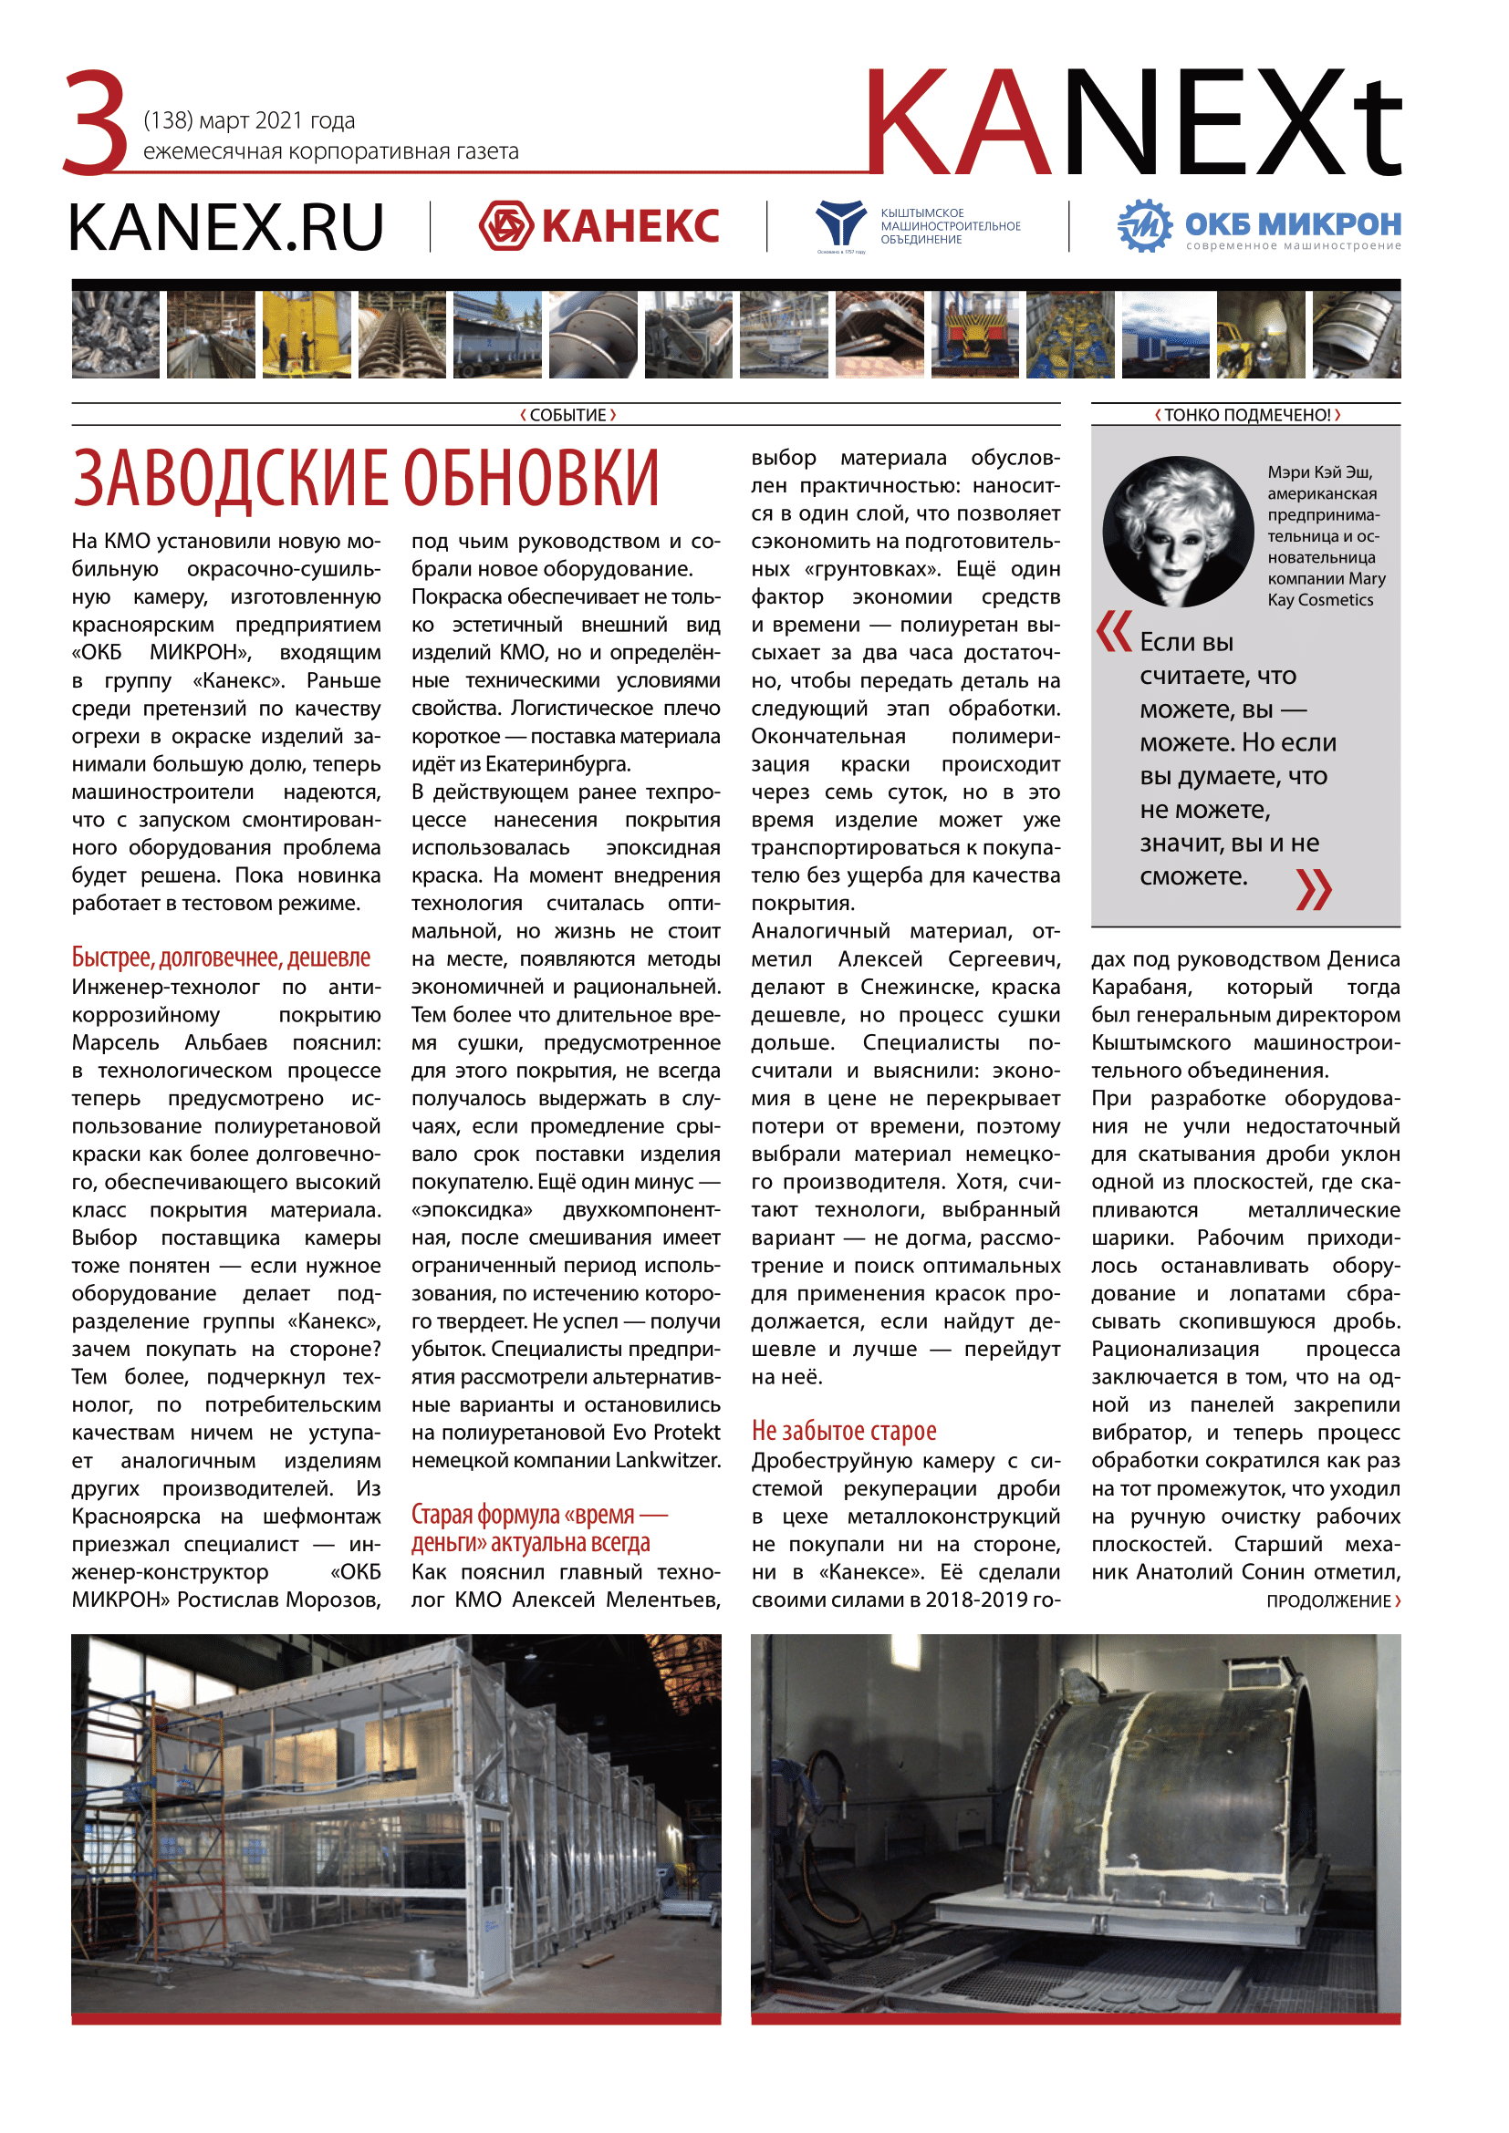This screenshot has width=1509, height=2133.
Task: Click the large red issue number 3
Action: point(96,122)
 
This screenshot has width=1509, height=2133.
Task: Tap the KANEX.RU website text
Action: point(225,228)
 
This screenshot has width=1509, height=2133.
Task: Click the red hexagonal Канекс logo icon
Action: point(505,226)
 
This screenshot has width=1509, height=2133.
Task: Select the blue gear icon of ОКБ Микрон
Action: point(1144,226)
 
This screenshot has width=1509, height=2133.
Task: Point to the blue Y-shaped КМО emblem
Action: point(839,223)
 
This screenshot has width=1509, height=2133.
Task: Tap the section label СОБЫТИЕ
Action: point(567,415)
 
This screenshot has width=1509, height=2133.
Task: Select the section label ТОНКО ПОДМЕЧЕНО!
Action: point(1247,415)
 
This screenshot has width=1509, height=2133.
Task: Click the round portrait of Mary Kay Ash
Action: point(1178,532)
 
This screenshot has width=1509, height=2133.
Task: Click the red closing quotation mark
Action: point(1313,889)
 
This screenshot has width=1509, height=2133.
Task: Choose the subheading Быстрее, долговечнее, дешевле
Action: point(221,958)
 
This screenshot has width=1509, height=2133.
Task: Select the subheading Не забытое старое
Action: point(844,1432)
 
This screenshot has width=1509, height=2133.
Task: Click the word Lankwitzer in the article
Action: point(667,1460)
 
